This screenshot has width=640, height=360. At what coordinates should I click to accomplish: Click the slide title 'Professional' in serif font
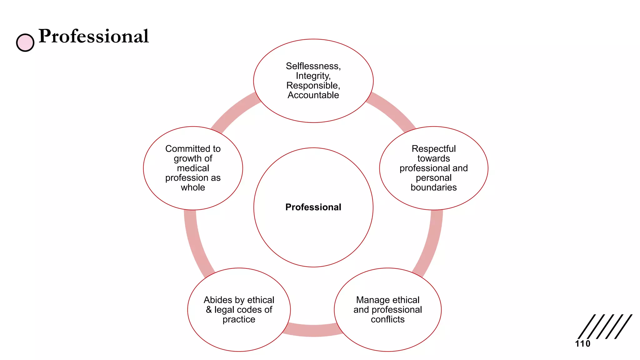click(94, 36)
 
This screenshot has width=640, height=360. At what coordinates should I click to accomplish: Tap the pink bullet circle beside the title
click(25, 42)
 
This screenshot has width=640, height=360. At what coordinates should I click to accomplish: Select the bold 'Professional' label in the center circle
click(313, 207)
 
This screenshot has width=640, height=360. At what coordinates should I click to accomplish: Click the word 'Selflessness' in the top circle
click(312, 66)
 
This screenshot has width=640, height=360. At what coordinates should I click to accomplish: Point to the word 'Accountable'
click(313, 95)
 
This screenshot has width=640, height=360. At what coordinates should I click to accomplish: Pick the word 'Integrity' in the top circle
click(312, 76)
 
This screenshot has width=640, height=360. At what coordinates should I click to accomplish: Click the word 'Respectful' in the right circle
click(433, 149)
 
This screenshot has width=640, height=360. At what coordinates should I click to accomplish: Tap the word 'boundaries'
click(433, 187)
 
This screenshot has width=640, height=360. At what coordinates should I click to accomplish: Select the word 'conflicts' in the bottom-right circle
click(387, 319)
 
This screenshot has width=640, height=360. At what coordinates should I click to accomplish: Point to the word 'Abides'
click(218, 300)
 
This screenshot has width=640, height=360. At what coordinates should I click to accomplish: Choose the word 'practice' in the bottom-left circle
click(239, 319)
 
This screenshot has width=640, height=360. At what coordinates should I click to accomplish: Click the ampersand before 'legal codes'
click(209, 310)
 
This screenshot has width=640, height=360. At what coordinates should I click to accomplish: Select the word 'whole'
click(193, 187)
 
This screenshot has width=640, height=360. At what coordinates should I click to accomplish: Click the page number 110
click(582, 344)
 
